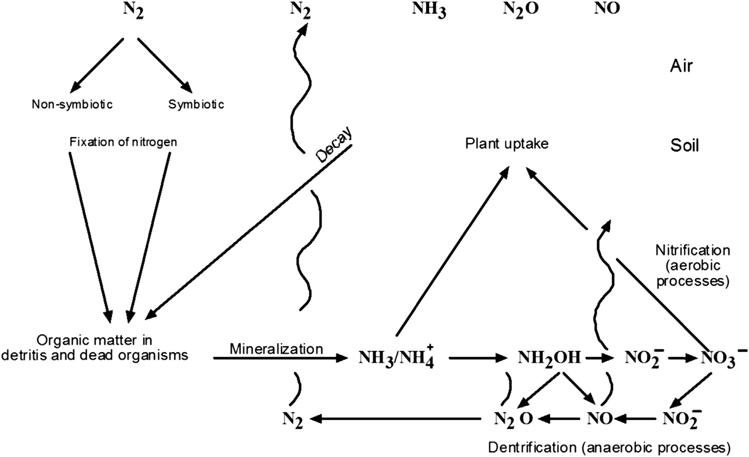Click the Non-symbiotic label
(x=72, y=104)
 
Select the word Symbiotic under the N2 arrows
(x=196, y=104)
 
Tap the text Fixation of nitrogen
(x=123, y=142)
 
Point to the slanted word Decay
(x=335, y=145)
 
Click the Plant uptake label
(x=507, y=144)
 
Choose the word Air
(x=681, y=66)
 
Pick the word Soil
(x=684, y=145)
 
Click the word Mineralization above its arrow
(x=276, y=348)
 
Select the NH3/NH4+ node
(x=396, y=358)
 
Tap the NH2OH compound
(x=549, y=358)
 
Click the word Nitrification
(x=692, y=250)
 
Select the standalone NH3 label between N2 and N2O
(x=429, y=10)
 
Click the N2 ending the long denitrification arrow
(x=293, y=419)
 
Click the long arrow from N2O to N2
(x=396, y=418)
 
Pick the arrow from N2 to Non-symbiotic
(x=98, y=63)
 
